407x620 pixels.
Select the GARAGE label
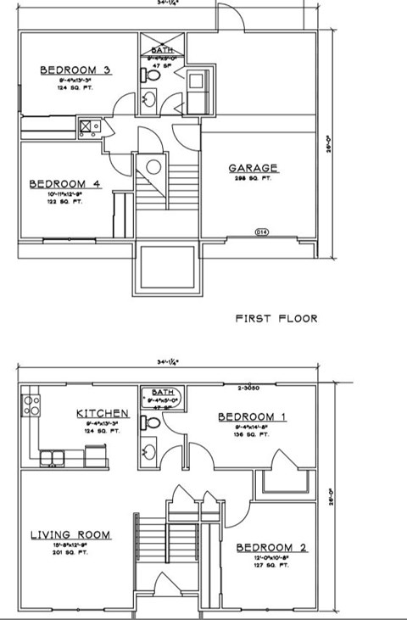click(254, 168)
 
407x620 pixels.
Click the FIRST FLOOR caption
click(276, 319)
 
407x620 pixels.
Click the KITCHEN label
click(103, 414)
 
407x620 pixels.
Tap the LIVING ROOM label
click(70, 534)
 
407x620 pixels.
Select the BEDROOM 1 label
click(252, 416)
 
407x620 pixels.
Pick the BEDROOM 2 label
click(271, 547)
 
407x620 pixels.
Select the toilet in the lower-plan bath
click(153, 422)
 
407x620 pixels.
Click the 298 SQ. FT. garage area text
click(254, 180)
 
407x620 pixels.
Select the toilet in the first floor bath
click(153, 75)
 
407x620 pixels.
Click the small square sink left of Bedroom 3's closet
click(88, 128)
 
